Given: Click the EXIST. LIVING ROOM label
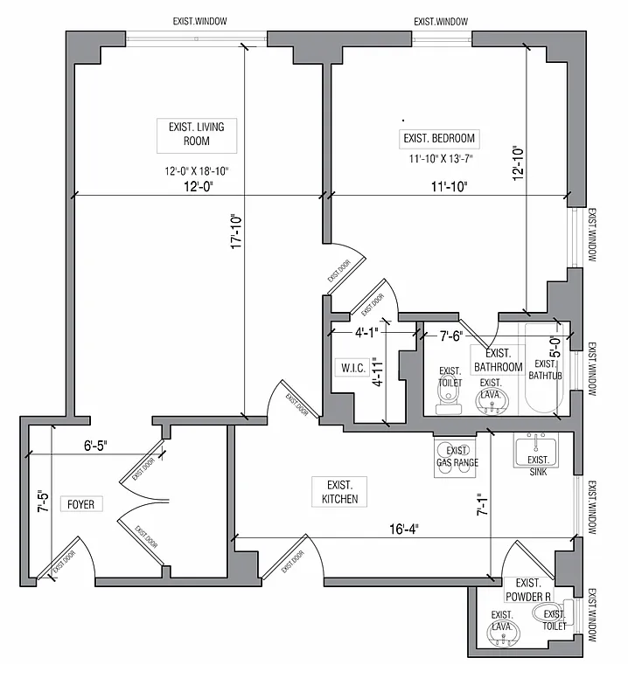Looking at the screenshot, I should (196, 133).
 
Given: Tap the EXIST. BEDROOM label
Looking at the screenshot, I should (439, 138).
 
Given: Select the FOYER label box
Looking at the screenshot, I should (82, 504).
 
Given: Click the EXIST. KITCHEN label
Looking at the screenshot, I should (340, 492).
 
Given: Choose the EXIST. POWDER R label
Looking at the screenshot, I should (528, 590).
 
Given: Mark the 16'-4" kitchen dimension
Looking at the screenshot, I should (402, 529).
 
